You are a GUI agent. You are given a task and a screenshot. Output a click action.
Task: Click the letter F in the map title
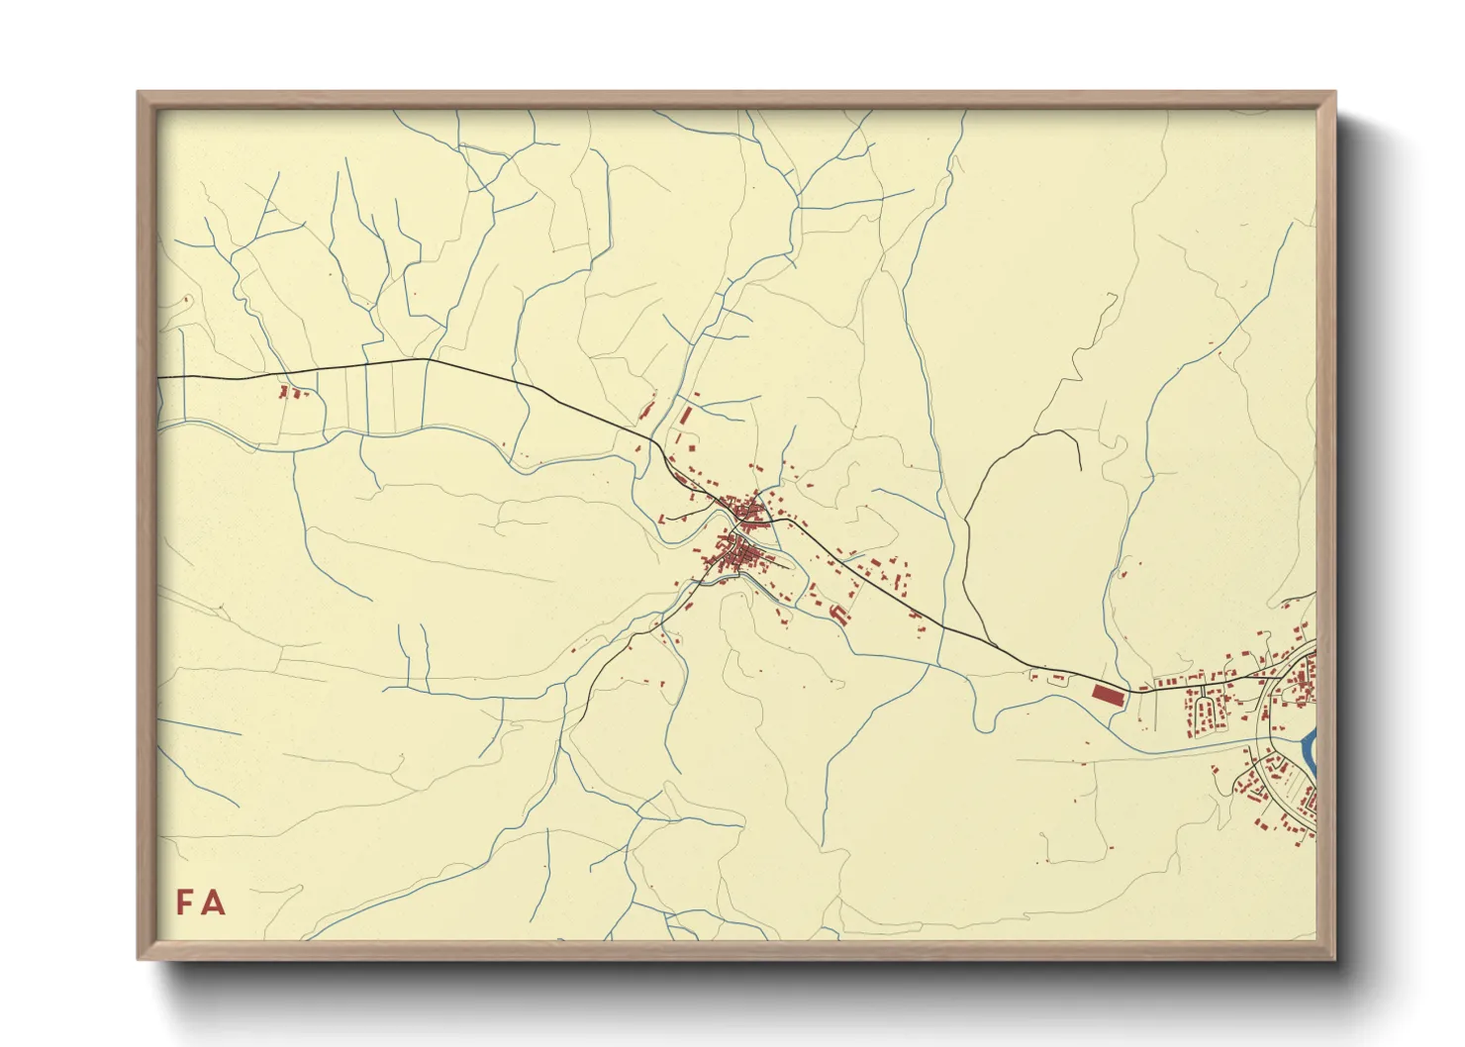(185, 903)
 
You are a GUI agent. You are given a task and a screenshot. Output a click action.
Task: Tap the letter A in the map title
(213, 903)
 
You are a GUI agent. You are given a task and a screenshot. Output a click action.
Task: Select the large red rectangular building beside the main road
(1108, 694)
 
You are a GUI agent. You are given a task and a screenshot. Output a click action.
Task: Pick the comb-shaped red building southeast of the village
(839, 615)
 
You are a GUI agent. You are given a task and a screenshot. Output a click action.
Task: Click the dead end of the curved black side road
(1080, 469)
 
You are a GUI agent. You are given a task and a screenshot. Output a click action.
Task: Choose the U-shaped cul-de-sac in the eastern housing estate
(1206, 711)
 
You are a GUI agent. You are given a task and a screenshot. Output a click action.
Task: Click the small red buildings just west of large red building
(1056, 678)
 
